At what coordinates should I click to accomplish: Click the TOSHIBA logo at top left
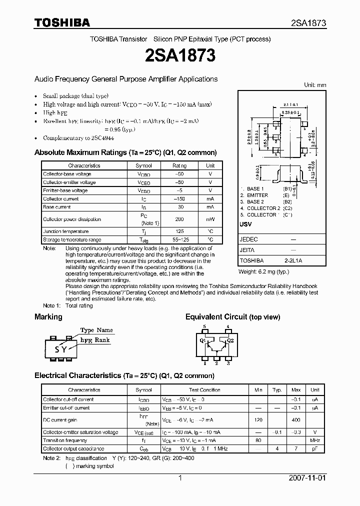pos(62,22)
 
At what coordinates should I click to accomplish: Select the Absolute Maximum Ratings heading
pos(125,152)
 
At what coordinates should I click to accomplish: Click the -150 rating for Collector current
pos(179,199)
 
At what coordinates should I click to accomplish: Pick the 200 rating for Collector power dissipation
pos(179,219)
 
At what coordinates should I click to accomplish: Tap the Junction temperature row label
pos(65,231)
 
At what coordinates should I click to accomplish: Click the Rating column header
pos(179,165)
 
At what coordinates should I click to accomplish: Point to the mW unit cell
pos(210,219)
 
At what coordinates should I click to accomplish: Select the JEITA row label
pos(247,250)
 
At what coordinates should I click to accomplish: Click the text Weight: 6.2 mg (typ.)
pos(263,271)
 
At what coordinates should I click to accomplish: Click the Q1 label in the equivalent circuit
pos(203,341)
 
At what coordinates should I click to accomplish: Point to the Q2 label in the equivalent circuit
pos(230,341)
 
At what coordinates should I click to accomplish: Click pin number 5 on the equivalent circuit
pos(203,326)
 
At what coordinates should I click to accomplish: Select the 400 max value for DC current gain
pos(296,420)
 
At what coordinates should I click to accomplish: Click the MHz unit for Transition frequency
pos(314,440)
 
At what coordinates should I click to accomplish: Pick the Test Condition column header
pos(204,390)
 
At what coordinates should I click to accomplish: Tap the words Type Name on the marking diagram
pos(96,330)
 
